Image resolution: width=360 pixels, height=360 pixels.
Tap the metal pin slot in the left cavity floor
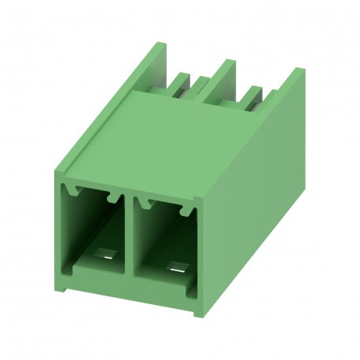point(106,255)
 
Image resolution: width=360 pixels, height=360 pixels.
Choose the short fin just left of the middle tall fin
point(200,85)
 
